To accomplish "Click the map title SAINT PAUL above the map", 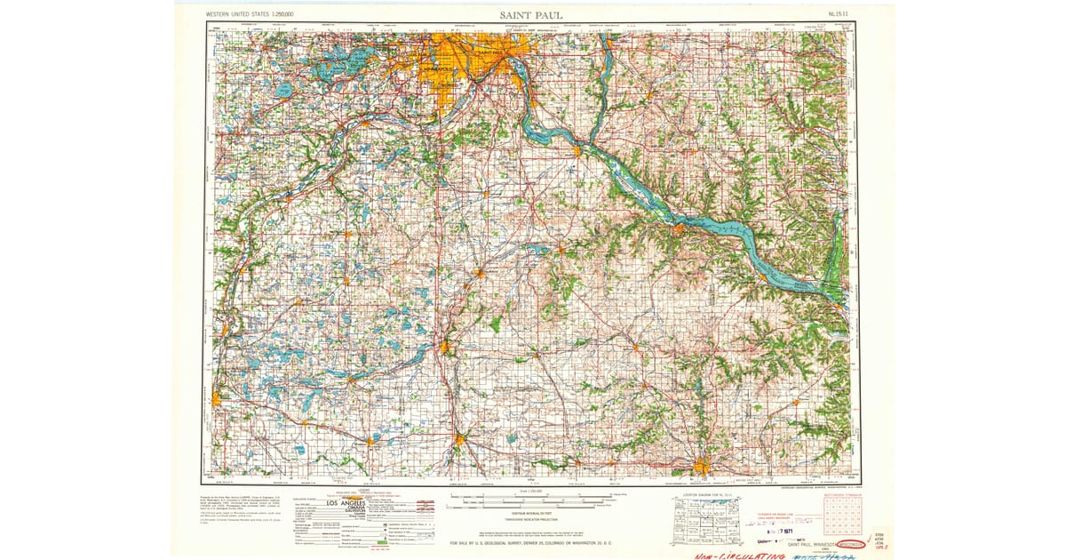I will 529,15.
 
